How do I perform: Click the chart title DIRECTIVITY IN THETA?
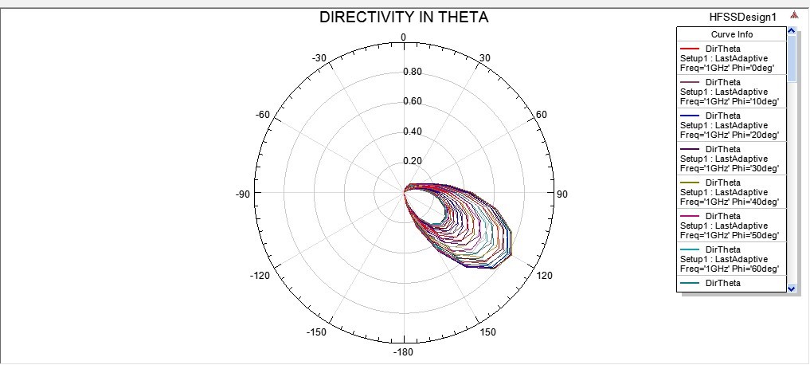[x=404, y=17]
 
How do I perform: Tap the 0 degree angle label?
[x=404, y=37]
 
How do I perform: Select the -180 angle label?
[x=404, y=351]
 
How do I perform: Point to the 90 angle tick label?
[x=562, y=194]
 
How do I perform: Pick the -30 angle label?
[x=319, y=57]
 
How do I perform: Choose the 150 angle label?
[x=488, y=332]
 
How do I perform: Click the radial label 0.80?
[x=413, y=72]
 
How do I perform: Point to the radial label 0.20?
[x=413, y=161]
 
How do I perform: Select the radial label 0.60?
[x=413, y=101]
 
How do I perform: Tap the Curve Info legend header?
[x=731, y=34]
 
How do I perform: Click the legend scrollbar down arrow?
[x=791, y=288]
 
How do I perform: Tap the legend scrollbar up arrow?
[x=791, y=31]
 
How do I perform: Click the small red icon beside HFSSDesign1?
[x=793, y=16]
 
